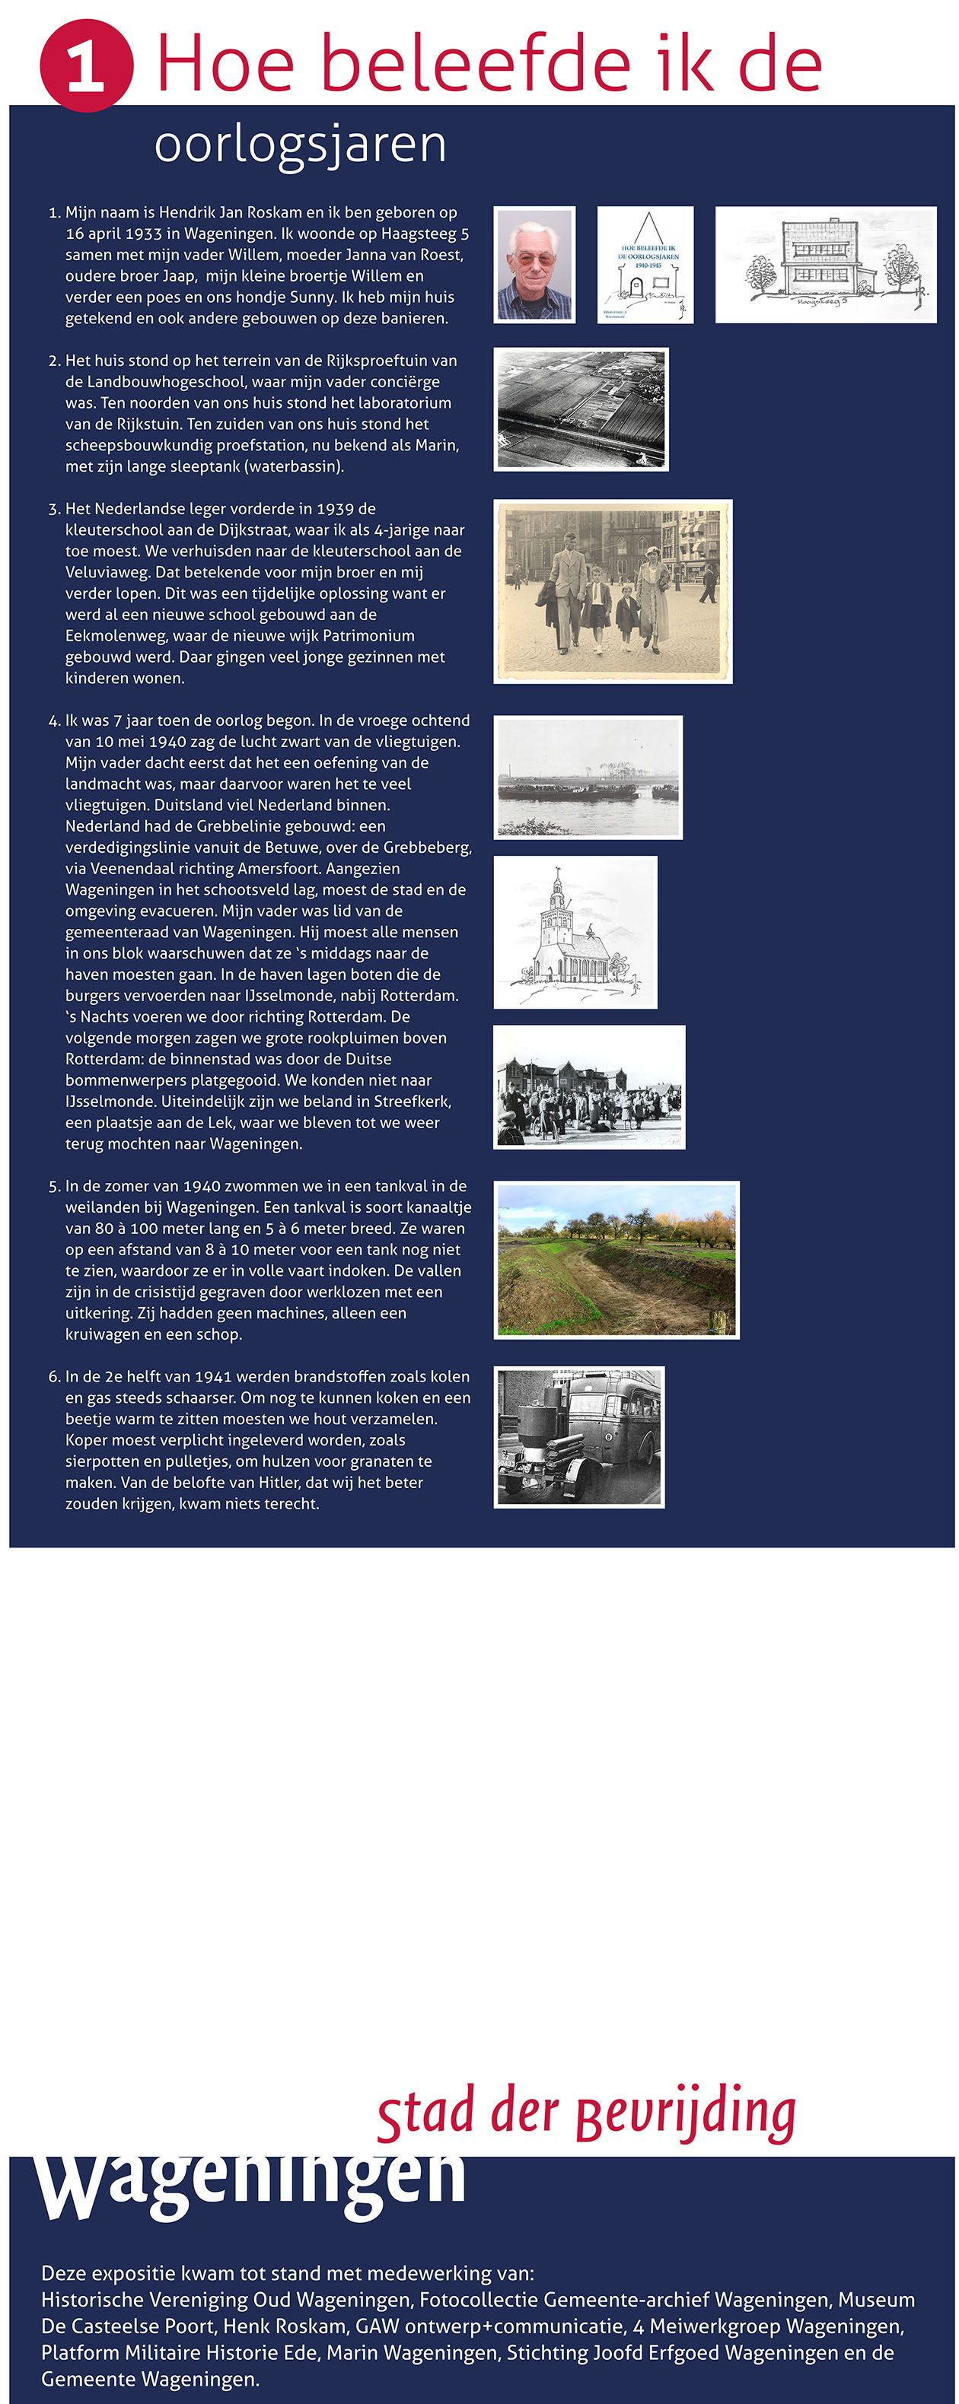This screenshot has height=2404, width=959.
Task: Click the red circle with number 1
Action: coord(86,66)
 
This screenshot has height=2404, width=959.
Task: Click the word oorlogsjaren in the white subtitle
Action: coord(300,145)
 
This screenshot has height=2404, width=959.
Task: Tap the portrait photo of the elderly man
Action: coord(534,265)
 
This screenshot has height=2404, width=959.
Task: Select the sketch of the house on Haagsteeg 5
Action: coord(826,265)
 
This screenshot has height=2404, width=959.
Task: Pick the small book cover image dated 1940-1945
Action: coord(645,265)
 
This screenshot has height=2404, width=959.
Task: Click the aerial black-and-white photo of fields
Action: coord(581,410)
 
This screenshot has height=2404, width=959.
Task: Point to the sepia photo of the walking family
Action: coord(613,592)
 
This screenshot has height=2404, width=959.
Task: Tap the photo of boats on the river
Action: coord(588,777)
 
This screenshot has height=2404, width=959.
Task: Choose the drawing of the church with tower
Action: coord(575,932)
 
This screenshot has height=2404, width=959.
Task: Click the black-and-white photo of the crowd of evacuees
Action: coord(589,1087)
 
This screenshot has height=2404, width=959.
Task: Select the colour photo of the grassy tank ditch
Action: coord(616,1260)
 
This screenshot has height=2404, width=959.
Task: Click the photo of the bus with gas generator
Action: coord(579,1437)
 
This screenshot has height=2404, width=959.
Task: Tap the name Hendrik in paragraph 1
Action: coord(186,213)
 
